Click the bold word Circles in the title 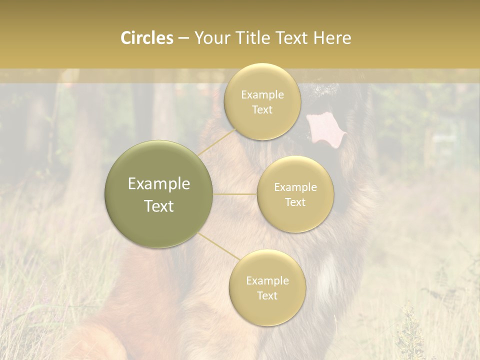tap(147, 38)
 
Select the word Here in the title tap(332, 38)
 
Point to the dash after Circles tap(183, 38)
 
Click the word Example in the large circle tap(159, 184)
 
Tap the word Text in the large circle tap(159, 206)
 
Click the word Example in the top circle tap(262, 94)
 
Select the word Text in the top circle tap(262, 109)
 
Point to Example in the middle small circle tap(295, 187)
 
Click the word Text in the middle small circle tap(295, 202)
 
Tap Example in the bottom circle tap(267, 280)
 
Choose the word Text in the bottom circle tap(267, 295)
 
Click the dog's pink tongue tap(325, 128)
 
